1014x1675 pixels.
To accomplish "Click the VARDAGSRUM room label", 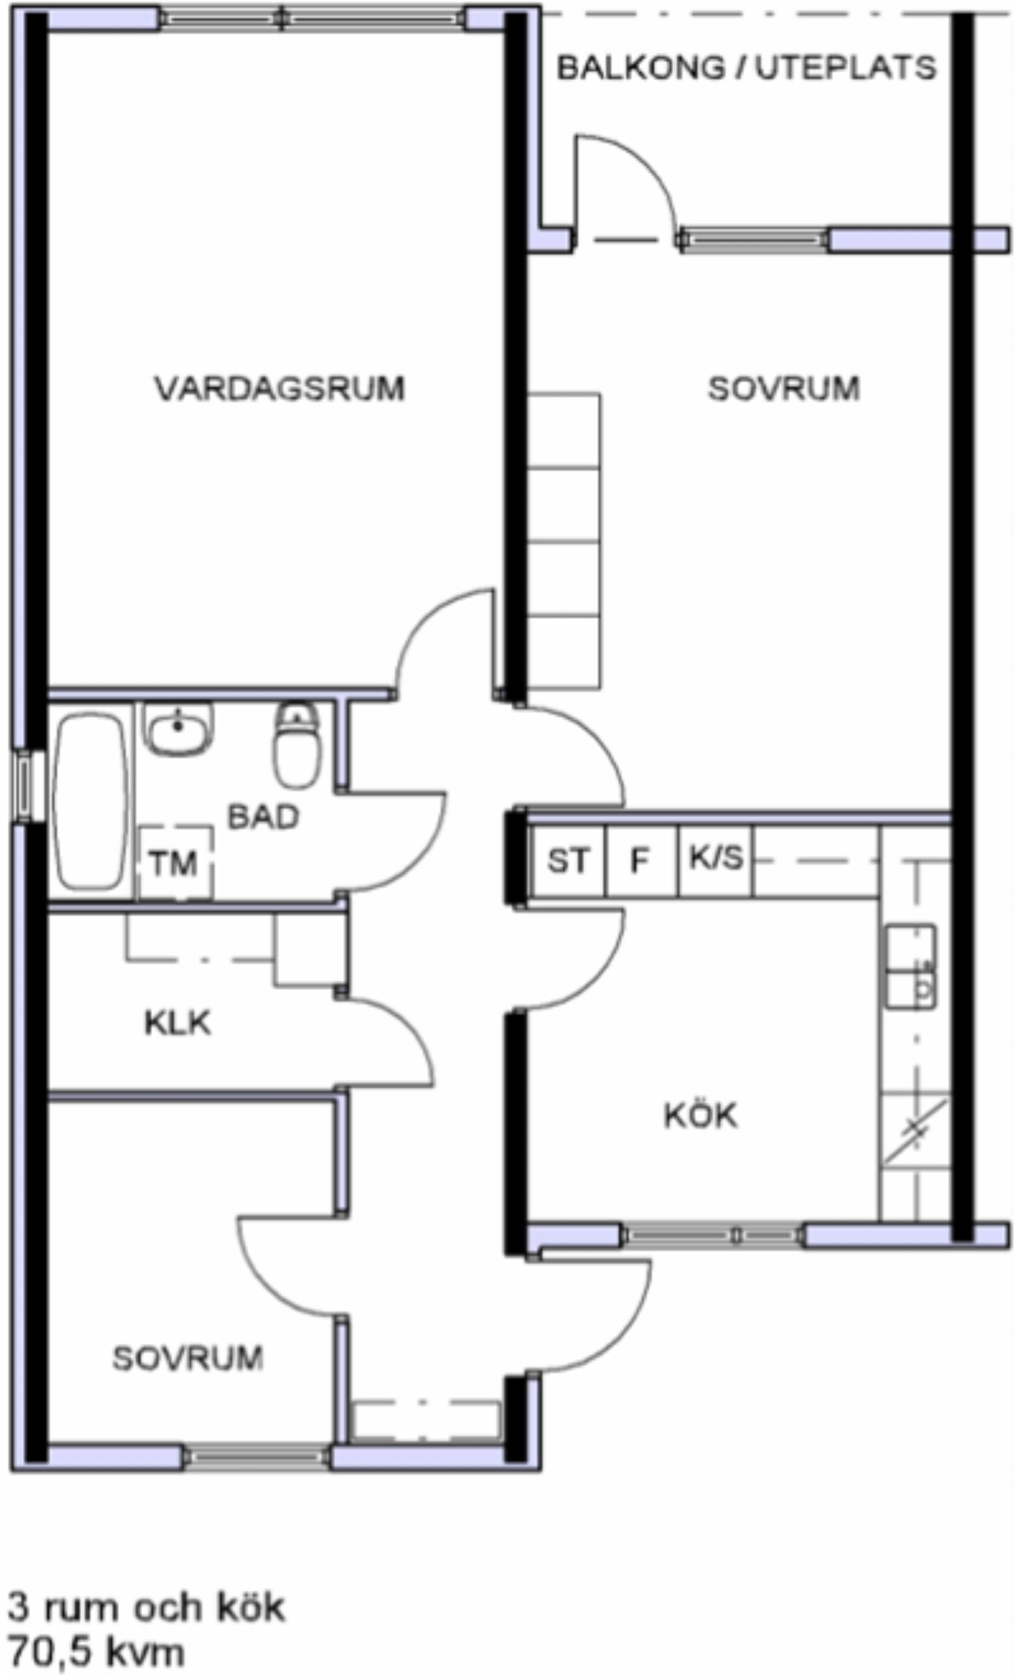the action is (279, 388).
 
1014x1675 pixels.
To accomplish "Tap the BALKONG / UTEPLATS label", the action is (746, 68).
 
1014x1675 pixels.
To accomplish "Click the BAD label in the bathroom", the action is (263, 816).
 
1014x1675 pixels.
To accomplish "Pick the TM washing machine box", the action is (175, 863).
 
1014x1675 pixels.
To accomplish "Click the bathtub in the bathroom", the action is (91, 800).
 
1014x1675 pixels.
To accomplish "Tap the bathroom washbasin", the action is (178, 728).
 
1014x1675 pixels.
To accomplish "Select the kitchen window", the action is (712, 1235).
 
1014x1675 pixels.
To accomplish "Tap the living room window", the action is (314, 18).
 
